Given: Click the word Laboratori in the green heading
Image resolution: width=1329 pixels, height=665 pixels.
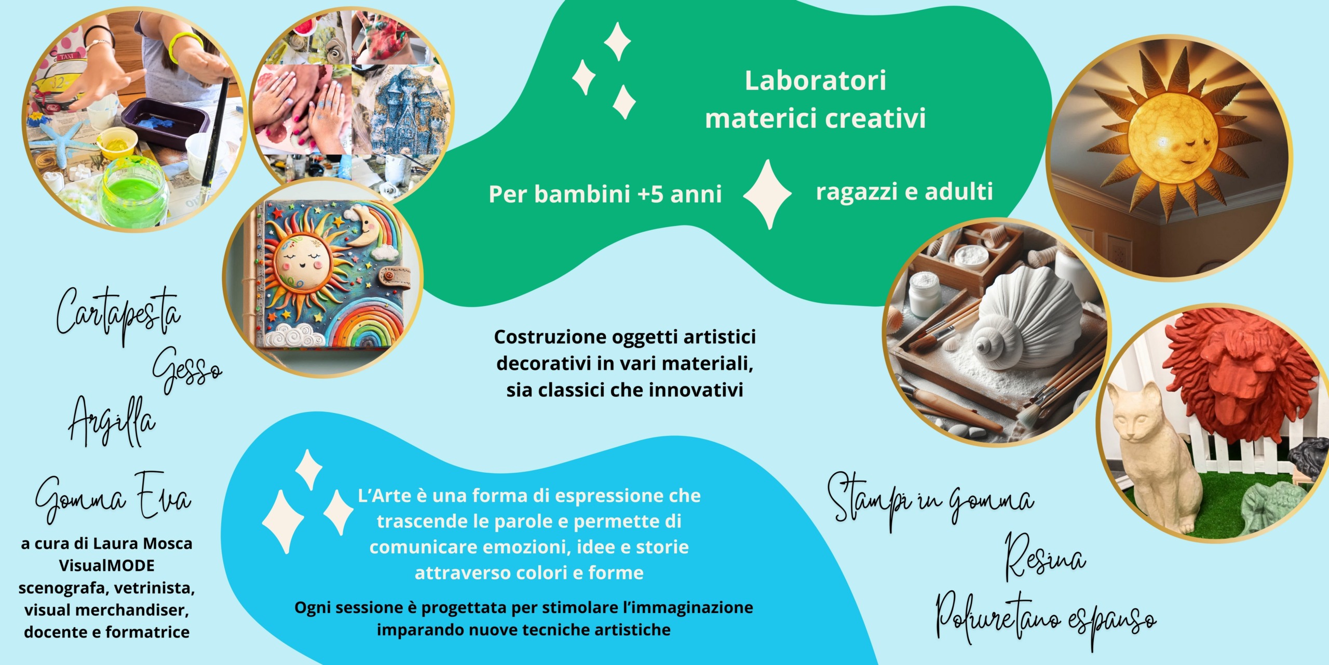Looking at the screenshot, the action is point(815,81).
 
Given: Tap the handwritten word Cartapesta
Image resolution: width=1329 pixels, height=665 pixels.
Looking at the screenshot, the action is point(118,314).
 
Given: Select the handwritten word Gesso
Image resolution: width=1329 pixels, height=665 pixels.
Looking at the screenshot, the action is point(187,369).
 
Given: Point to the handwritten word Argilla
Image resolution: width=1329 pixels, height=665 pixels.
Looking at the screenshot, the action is point(112,421).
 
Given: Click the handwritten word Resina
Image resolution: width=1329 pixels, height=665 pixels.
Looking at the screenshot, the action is point(1045,556).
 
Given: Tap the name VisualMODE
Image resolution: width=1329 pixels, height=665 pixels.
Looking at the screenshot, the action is point(106,565).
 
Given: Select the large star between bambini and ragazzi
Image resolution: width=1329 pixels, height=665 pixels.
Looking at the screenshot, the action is point(767,194).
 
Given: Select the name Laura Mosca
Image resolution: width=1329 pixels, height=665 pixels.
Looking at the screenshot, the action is point(143,543).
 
